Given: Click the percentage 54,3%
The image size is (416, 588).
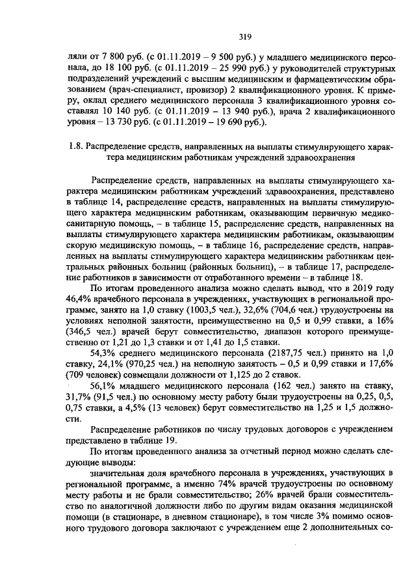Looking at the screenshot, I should click(x=103, y=367).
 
